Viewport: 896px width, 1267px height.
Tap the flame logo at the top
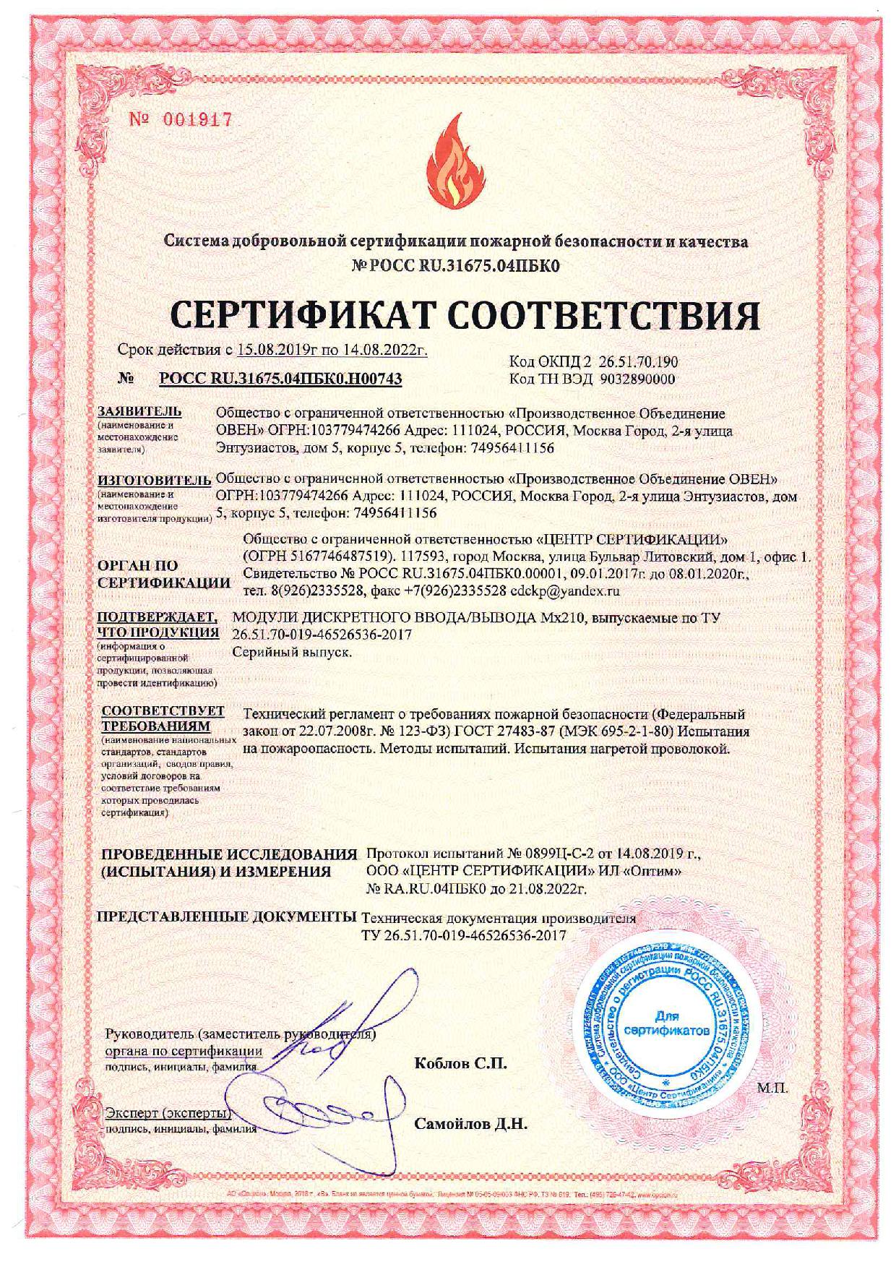[x=448, y=160]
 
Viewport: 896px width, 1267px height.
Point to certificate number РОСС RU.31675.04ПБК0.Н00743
[x=280, y=378]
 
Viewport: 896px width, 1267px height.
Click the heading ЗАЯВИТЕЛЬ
[x=139, y=412]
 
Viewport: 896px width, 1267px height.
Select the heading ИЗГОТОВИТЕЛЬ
[x=153, y=479]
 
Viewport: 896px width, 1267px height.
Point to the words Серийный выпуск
[x=293, y=652]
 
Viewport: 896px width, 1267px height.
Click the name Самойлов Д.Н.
[x=471, y=1124]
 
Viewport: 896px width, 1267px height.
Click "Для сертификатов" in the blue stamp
[x=666, y=1021]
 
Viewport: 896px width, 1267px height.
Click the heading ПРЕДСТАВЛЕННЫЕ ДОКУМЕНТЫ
[x=227, y=917]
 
